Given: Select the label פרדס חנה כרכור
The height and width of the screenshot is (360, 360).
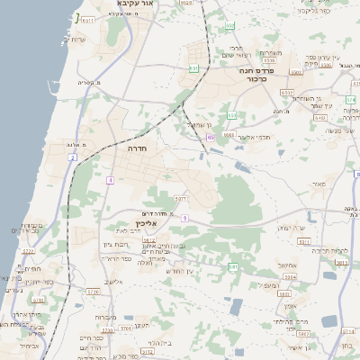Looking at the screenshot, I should pos(257,73).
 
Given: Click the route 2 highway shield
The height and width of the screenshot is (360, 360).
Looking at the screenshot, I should pos(71,157).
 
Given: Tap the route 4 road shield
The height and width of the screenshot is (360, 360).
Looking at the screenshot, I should pos(110,181).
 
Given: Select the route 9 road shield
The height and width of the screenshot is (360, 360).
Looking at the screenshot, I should pos(184,218).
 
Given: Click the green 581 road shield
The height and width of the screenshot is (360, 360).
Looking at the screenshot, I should pos(232,266).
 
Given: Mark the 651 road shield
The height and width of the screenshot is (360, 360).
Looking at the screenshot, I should pos(193,68).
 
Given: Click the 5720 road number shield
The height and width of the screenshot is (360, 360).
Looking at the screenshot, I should pos(92,292).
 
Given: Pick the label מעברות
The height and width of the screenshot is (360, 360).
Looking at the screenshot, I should pos(105,318).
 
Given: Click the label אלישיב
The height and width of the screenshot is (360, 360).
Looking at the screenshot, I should pos(112,283).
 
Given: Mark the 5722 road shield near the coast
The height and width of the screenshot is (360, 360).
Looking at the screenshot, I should pos(29,251).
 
